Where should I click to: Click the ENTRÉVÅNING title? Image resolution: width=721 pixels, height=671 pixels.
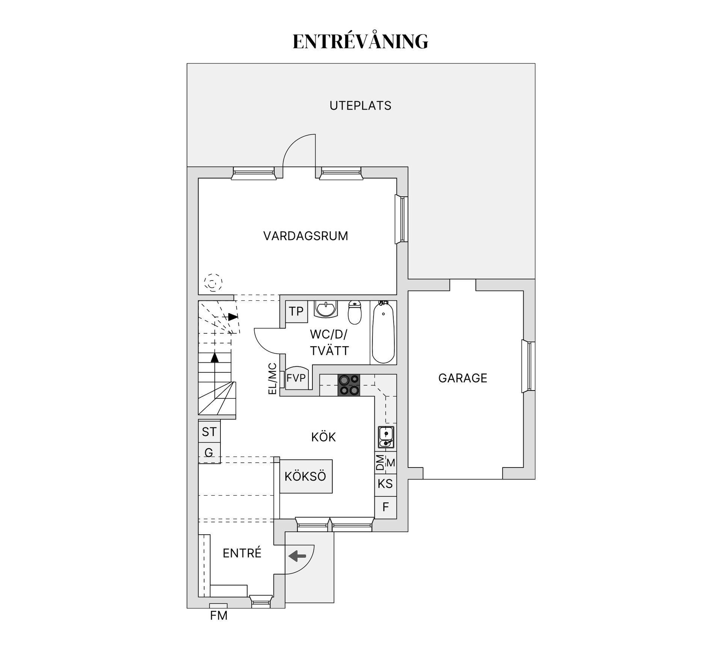(360, 41)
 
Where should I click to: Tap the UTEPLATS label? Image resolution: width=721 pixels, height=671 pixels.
(360, 106)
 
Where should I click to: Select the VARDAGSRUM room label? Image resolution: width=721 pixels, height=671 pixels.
(305, 236)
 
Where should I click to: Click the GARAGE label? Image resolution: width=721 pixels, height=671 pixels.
(462, 378)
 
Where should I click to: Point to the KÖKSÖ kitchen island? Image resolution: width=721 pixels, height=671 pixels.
(306, 476)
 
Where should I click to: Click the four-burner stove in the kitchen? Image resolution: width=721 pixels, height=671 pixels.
(349, 385)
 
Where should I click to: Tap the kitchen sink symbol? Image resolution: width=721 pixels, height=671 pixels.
(386, 437)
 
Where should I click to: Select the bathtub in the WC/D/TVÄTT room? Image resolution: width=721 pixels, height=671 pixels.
(383, 332)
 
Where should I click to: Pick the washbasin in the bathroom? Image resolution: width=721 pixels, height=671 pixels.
(326, 309)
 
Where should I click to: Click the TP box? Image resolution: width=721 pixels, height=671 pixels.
(296, 311)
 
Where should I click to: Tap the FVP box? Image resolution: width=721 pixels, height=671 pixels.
(296, 378)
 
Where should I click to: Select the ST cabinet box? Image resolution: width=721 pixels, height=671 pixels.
(209, 432)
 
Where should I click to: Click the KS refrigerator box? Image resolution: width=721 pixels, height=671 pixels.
(385, 484)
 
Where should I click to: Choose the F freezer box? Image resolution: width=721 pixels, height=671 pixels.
(385, 507)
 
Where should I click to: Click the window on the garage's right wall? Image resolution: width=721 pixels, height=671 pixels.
(529, 366)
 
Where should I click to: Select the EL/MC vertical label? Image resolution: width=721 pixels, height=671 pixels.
(273, 378)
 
